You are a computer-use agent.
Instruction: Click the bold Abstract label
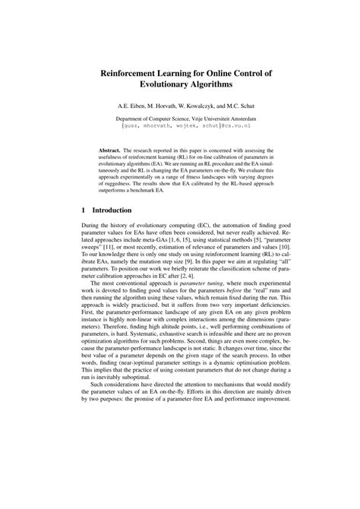click(114, 151)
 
